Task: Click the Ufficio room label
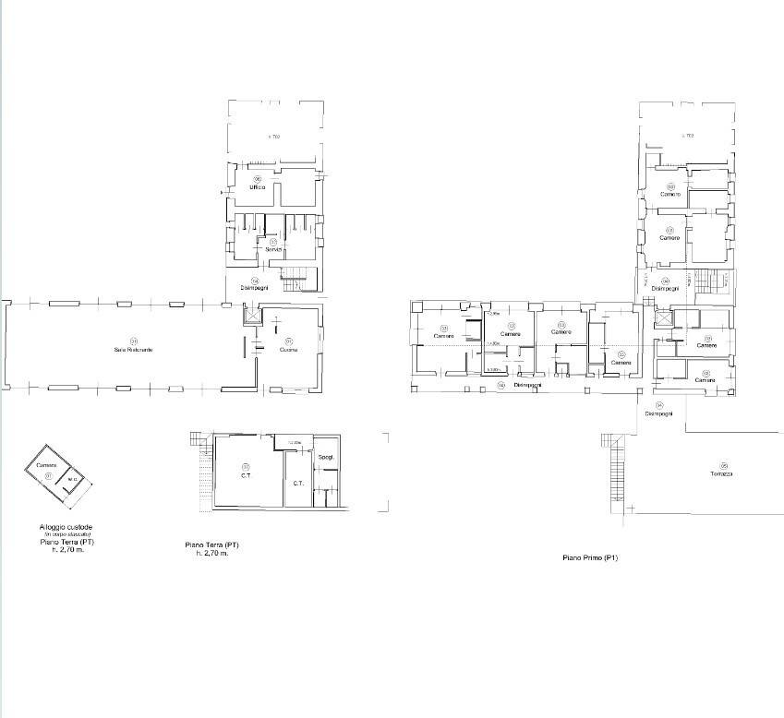[x=257, y=187]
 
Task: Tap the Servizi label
[x=273, y=250]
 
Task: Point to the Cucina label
[x=288, y=350]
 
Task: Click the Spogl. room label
[x=326, y=459]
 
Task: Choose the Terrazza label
[x=721, y=473]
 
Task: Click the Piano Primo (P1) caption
[x=590, y=558]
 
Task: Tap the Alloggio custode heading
[x=59, y=528]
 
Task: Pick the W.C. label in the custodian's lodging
[x=72, y=480]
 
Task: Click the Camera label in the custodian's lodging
[x=47, y=465]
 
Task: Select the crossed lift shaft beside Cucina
[x=251, y=314]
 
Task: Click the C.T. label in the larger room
[x=247, y=476]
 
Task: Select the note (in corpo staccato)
[x=59, y=535]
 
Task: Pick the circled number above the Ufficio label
[x=258, y=179]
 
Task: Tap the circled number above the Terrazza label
[x=723, y=465]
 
